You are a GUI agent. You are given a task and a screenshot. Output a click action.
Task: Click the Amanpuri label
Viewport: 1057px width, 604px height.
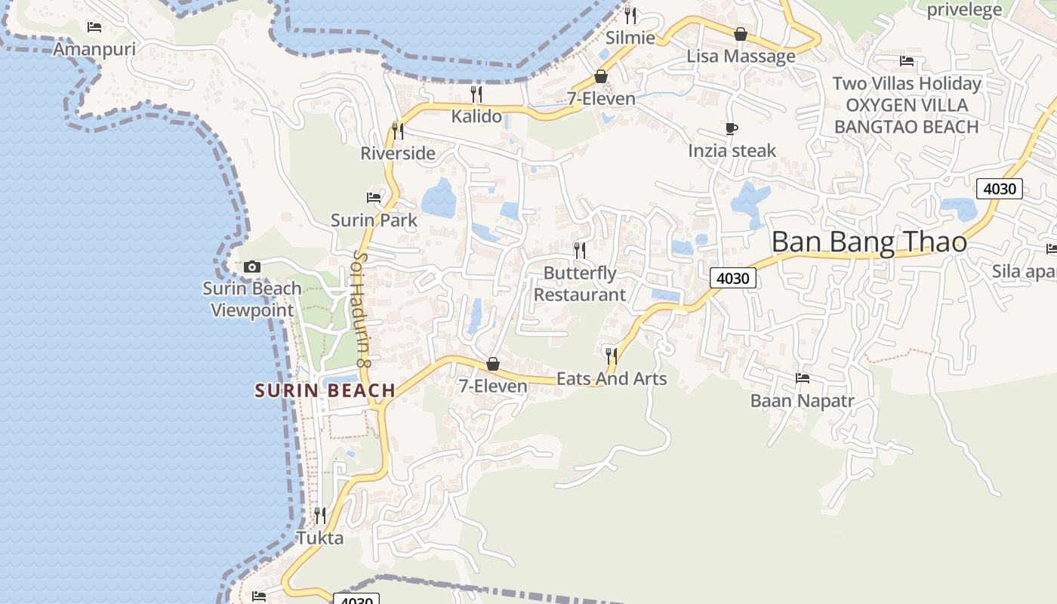click(94, 49)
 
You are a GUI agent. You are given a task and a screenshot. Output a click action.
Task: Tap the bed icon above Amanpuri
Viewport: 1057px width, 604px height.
click(94, 27)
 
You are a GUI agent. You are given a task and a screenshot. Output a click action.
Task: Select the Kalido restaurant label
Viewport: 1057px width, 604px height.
click(476, 116)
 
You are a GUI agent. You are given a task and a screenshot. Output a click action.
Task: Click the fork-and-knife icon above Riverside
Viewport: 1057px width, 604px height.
click(398, 131)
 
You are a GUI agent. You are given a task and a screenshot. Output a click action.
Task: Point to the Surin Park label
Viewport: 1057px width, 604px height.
click(374, 220)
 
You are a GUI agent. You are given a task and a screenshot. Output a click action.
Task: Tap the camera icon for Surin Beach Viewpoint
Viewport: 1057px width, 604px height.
click(252, 267)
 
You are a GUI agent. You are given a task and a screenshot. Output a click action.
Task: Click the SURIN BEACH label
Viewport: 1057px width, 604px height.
click(325, 390)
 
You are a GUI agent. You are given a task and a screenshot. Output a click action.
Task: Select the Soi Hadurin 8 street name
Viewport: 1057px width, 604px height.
click(362, 309)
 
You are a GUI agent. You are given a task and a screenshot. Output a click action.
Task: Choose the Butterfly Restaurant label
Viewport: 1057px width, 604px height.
click(580, 284)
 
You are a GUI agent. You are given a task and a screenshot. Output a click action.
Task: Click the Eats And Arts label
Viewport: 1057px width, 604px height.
click(612, 378)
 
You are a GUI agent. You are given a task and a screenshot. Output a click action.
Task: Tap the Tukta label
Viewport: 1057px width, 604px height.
click(320, 538)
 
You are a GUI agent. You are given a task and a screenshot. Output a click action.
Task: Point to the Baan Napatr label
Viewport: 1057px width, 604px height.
click(802, 400)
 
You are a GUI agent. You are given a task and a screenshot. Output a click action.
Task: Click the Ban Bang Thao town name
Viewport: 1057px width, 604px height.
click(869, 242)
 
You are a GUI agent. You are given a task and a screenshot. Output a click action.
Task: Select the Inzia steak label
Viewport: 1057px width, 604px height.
click(732, 151)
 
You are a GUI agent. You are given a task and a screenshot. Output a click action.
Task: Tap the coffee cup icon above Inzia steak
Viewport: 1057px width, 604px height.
click(731, 129)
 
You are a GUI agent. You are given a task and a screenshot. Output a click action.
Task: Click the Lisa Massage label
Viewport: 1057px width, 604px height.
click(741, 57)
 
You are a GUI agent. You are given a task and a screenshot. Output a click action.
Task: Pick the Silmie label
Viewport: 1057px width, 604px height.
click(630, 38)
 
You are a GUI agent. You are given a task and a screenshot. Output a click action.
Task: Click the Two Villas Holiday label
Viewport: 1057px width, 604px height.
click(906, 83)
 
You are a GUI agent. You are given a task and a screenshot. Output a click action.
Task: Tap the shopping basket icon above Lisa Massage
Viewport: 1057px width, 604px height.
click(741, 34)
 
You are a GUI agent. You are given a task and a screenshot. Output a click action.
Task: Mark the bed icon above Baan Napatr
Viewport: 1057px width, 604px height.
click(803, 377)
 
